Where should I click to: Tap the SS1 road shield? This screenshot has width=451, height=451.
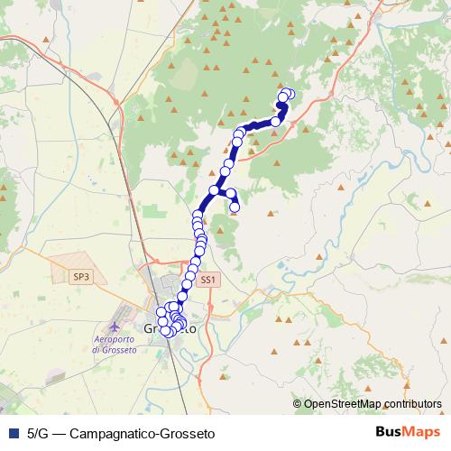(208, 280)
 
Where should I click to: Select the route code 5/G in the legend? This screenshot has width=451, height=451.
(38, 432)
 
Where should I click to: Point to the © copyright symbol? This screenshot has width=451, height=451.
(297, 404)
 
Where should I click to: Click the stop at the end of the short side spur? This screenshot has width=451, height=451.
(235, 207)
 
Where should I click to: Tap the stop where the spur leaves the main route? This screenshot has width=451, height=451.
(215, 190)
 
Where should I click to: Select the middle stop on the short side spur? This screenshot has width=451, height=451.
(231, 193)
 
